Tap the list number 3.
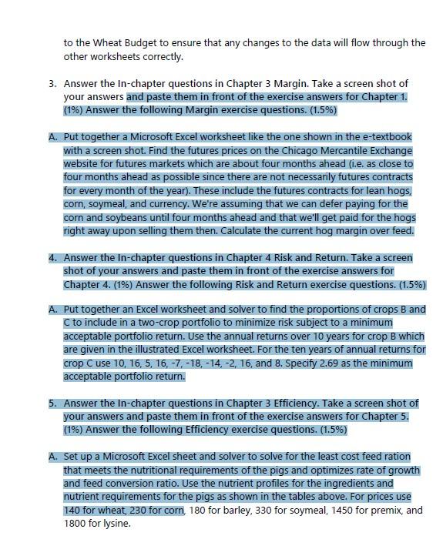coord(50,82)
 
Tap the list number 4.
coord(50,257)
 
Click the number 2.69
coord(257,363)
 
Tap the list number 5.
coord(50,403)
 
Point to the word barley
coord(240,510)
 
